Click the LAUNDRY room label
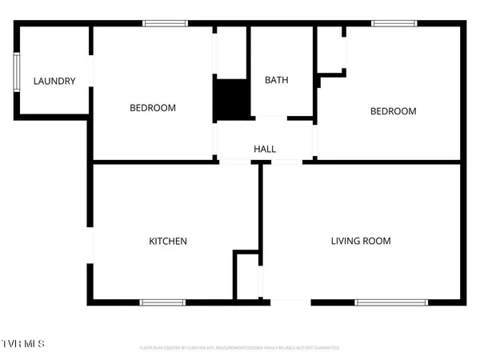click(54, 81)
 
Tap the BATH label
click(277, 80)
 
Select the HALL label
click(265, 149)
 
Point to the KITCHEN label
click(168, 241)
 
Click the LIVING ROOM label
click(362, 241)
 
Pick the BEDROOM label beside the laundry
click(153, 108)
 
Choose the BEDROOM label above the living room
click(393, 111)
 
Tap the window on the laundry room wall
click(16, 74)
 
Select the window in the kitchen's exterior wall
click(163, 302)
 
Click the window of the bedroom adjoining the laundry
click(165, 24)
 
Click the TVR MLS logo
click(23, 344)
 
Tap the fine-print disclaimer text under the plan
click(240, 348)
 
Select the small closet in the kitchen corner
click(246, 276)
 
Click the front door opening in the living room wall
click(287, 302)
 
